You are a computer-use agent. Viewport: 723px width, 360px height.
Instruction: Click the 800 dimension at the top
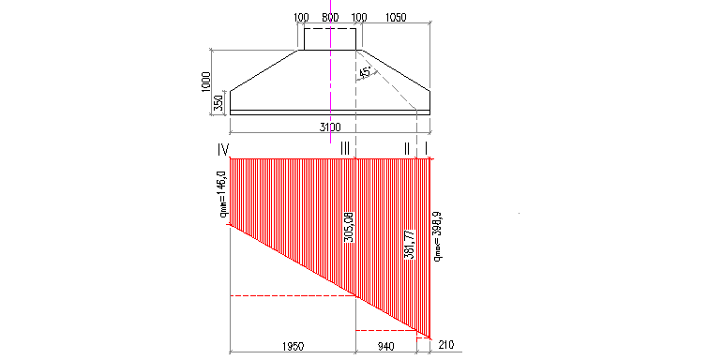(329, 18)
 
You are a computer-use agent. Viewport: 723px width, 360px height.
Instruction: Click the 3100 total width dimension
(329, 127)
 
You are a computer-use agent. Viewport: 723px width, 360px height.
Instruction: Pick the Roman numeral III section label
(346, 149)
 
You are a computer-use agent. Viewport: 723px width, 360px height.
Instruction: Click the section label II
(406, 149)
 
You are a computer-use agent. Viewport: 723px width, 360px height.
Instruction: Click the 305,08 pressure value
(349, 225)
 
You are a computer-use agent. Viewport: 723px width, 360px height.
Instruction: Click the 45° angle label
(365, 73)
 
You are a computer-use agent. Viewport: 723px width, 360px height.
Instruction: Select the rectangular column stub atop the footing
(329, 38)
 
